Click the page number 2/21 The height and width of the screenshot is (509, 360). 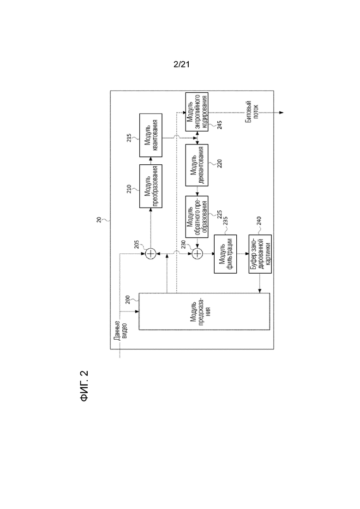181,64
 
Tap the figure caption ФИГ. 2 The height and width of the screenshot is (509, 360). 84,386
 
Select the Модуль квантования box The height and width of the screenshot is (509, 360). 150,135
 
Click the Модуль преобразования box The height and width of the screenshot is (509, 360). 150,186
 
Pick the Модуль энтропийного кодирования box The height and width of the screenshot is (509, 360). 197,112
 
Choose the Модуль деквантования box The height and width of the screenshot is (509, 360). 197,165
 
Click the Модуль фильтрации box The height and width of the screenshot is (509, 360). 225,254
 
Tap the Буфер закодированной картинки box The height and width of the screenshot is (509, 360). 260,254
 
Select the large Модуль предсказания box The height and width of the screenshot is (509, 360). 204,311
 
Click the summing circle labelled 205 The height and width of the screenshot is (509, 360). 150,253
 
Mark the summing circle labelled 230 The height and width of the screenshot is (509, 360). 197,253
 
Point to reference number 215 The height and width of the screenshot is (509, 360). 129,138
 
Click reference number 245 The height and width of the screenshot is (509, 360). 220,125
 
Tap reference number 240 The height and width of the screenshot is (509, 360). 259,221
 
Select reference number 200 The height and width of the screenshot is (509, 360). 128,299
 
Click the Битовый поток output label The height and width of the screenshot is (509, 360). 252,111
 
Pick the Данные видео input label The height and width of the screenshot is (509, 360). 120,330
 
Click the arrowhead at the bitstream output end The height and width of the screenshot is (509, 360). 282,113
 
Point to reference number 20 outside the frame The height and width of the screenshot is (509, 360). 99,220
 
